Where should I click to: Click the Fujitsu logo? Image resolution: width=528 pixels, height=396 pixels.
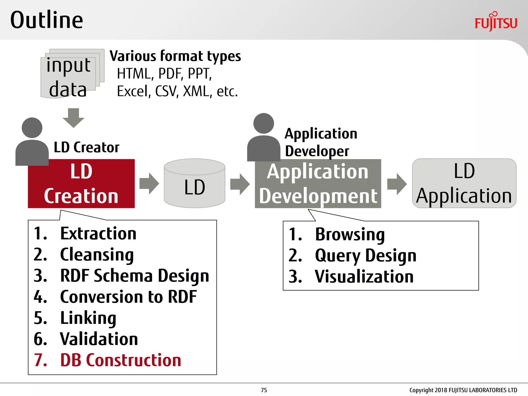[x=496, y=22]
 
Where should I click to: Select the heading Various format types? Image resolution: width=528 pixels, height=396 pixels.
[x=175, y=56]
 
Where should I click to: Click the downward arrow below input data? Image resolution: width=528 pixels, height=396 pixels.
[x=73, y=118]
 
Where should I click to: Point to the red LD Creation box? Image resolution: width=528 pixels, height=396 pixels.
[x=81, y=184]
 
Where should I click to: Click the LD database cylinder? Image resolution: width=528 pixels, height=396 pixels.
[x=195, y=184]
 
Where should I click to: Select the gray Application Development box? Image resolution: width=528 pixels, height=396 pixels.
[x=318, y=184]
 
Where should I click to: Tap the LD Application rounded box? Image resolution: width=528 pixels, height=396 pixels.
[x=464, y=184]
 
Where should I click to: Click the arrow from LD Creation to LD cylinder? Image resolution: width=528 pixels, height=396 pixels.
[x=149, y=184]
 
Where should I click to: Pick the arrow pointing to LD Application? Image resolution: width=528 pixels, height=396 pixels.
[x=397, y=184]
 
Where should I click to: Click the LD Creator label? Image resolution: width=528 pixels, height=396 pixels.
[x=86, y=147]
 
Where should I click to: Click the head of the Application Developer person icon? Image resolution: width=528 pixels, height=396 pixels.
[x=263, y=123]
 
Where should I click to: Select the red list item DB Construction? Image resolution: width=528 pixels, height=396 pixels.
[x=120, y=360]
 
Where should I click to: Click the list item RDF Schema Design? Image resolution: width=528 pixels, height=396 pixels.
[x=134, y=276]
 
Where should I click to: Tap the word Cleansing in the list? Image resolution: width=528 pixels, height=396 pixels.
[x=97, y=255]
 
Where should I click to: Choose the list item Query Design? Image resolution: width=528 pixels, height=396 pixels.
[x=366, y=255]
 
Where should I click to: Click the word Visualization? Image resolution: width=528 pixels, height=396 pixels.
[x=364, y=277]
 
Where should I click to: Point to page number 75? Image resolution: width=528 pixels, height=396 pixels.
[x=264, y=390]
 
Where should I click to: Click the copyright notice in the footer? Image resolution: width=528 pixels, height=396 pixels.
[x=463, y=390]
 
